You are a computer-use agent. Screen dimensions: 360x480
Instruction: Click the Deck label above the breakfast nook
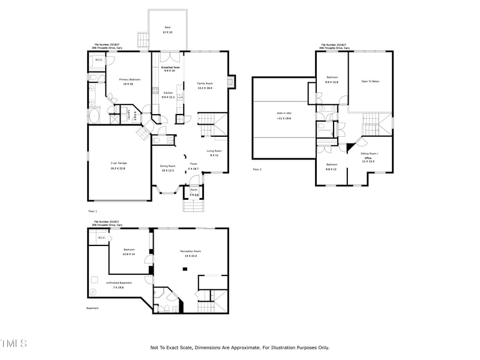(167, 27)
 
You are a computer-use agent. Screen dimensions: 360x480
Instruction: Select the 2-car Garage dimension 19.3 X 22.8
(118, 169)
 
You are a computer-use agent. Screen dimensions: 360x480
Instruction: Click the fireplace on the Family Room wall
(232, 83)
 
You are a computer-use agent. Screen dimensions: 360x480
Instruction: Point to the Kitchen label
(169, 92)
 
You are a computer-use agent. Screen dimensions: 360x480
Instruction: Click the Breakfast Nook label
(169, 67)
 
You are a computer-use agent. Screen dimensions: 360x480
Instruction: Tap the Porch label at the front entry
(194, 190)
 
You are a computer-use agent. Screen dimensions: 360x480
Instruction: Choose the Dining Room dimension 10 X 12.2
(167, 170)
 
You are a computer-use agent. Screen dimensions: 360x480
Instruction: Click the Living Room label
(214, 151)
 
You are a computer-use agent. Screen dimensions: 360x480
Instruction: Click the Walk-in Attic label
(284, 113)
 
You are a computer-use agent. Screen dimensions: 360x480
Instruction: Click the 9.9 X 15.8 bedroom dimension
(332, 82)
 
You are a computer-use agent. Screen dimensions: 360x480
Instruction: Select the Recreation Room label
(190, 251)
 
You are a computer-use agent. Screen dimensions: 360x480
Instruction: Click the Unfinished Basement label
(119, 283)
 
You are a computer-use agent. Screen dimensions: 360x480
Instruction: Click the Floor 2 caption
(257, 170)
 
